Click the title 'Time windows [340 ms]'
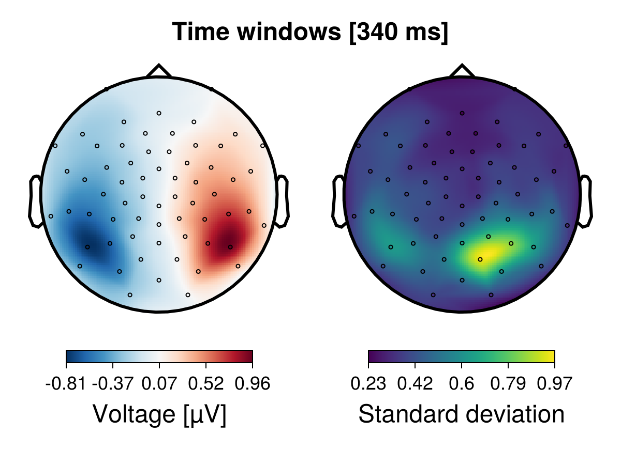tap(310, 32)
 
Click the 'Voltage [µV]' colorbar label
tap(159, 414)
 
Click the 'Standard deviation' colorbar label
tap(462, 414)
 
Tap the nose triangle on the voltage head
tap(159, 71)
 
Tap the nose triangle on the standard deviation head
tap(462, 71)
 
